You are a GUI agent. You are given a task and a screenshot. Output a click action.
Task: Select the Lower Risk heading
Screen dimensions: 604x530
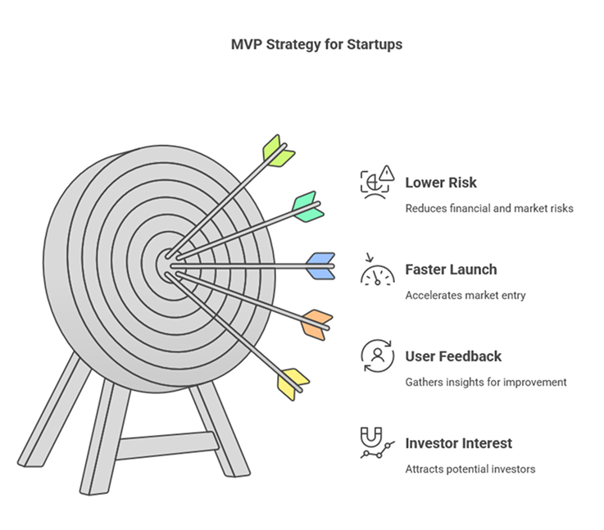(x=441, y=183)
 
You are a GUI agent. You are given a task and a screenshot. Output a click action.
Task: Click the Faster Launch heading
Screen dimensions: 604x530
(x=451, y=270)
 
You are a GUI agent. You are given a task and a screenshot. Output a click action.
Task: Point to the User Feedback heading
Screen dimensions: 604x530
(x=453, y=356)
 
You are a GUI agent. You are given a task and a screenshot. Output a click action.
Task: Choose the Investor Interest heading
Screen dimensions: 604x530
(x=458, y=443)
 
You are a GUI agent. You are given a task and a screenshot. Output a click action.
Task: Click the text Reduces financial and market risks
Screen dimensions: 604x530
(x=489, y=208)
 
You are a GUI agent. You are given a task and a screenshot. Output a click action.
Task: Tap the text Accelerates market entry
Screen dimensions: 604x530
(x=465, y=295)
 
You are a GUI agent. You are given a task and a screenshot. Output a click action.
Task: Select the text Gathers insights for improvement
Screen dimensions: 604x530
(x=486, y=383)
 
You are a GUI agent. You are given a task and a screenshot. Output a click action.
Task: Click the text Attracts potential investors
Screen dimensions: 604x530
(x=470, y=469)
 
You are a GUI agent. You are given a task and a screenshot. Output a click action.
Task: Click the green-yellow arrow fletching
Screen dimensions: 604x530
(x=278, y=152)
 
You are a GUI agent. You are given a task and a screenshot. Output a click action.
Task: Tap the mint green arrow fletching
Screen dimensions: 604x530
(x=308, y=207)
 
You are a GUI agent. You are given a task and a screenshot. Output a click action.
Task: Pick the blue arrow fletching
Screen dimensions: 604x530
(x=320, y=266)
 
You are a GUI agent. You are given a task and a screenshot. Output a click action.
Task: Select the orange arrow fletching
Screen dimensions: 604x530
(x=316, y=325)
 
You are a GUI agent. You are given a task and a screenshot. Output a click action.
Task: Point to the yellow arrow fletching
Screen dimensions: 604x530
(x=293, y=384)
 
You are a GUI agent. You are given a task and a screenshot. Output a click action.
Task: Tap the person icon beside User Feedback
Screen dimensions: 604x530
(x=378, y=356)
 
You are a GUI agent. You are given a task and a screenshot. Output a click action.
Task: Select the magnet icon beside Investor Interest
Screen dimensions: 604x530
(x=371, y=437)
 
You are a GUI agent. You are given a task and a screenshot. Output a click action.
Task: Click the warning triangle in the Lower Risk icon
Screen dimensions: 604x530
(x=387, y=173)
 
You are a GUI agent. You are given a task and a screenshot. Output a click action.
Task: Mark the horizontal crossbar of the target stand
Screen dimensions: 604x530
(x=167, y=446)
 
